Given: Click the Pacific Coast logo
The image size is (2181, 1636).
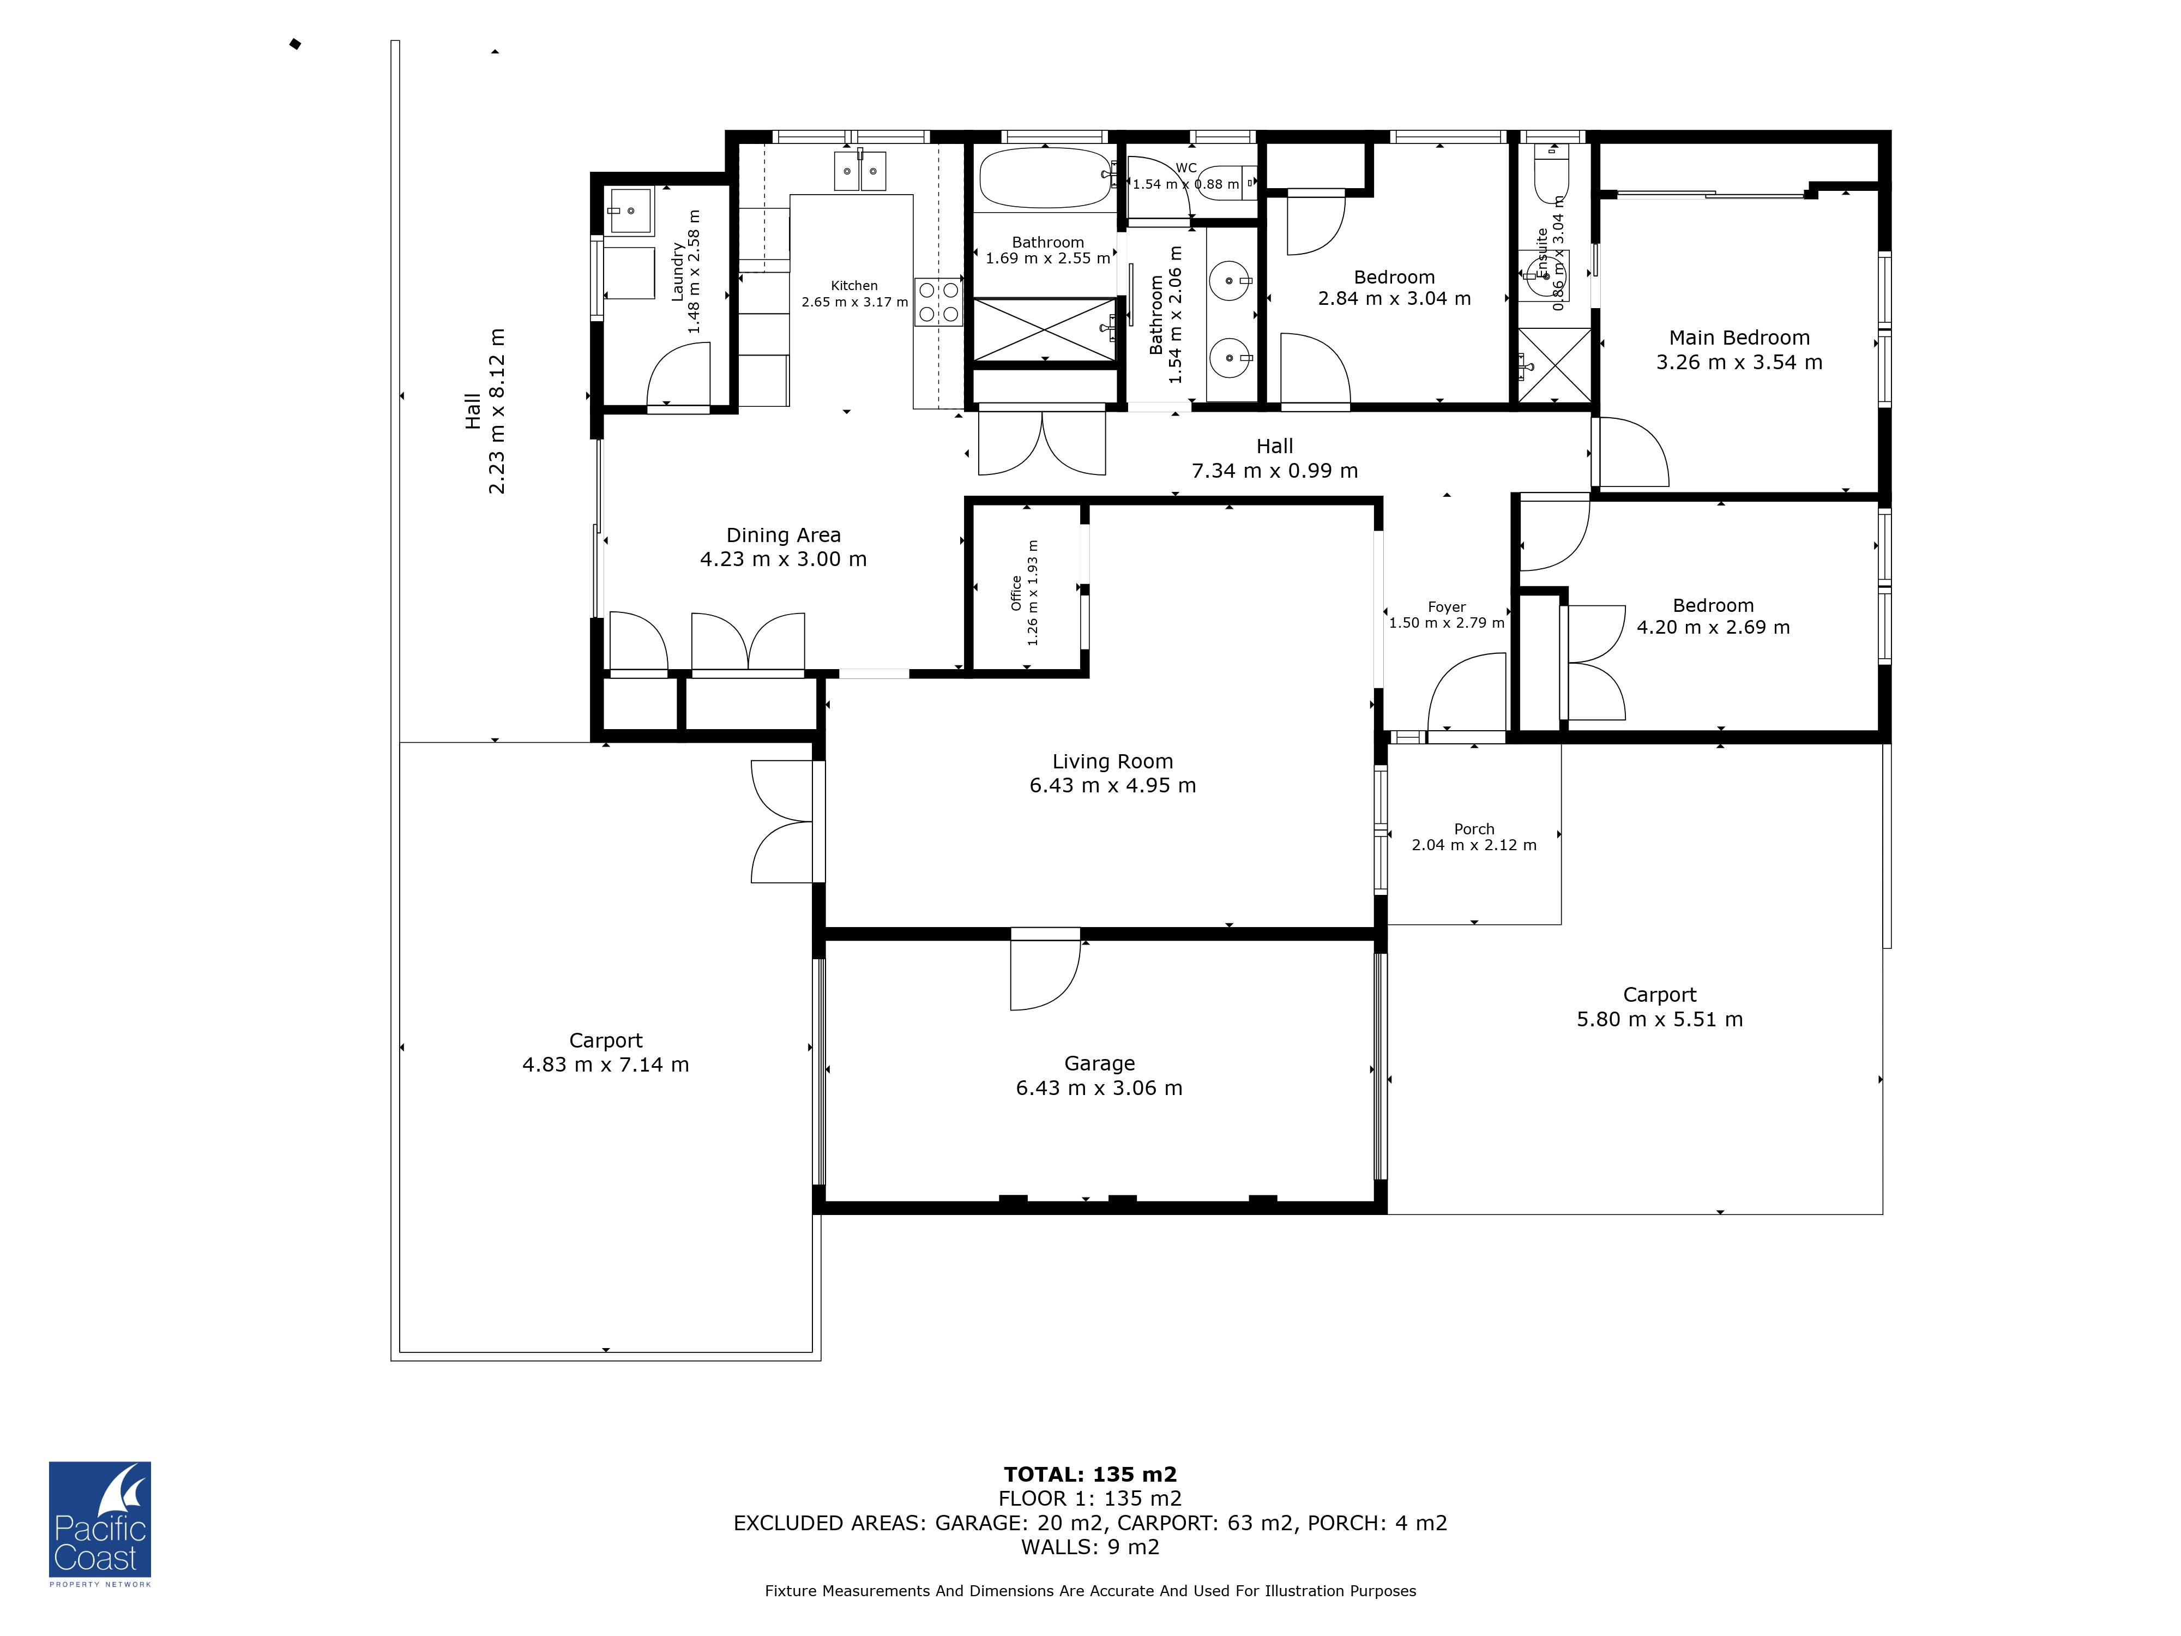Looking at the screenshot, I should [x=100, y=1520].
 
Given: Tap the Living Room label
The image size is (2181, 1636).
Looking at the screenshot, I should [x=1112, y=761].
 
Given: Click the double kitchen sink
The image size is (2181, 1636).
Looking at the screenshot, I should [x=860, y=171].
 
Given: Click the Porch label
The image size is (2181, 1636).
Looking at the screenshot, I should [x=1473, y=828].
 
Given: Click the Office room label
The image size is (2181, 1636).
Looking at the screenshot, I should [x=1016, y=593].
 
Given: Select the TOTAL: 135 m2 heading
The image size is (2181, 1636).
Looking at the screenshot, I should [x=1089, y=1474].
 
